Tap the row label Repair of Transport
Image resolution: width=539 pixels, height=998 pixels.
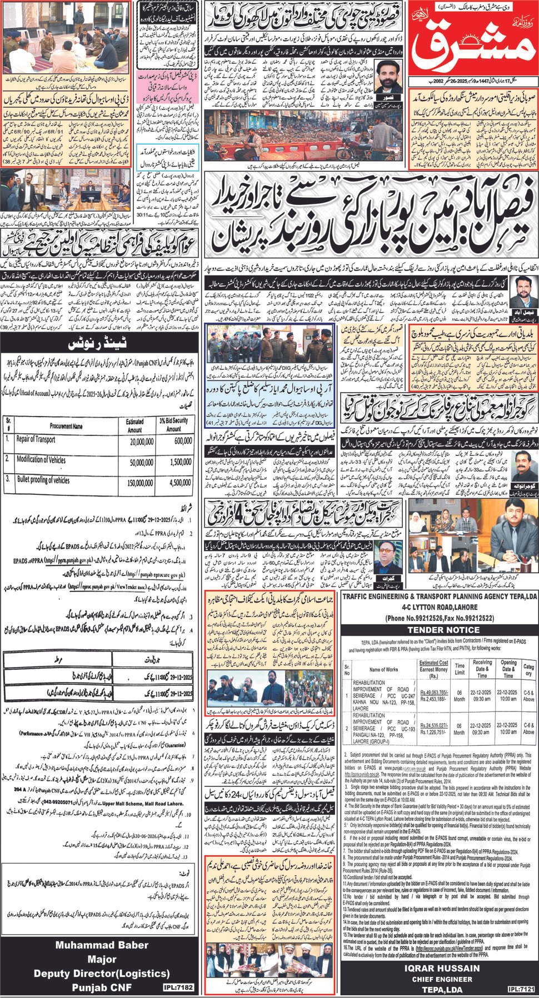pos(39,438)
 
